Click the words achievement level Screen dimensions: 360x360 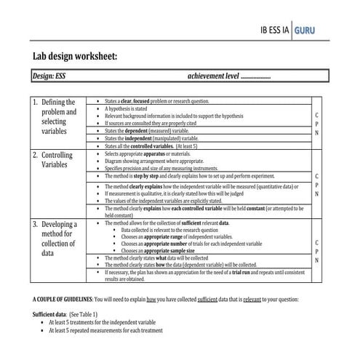(212, 76)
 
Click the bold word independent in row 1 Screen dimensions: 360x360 (140, 137)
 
